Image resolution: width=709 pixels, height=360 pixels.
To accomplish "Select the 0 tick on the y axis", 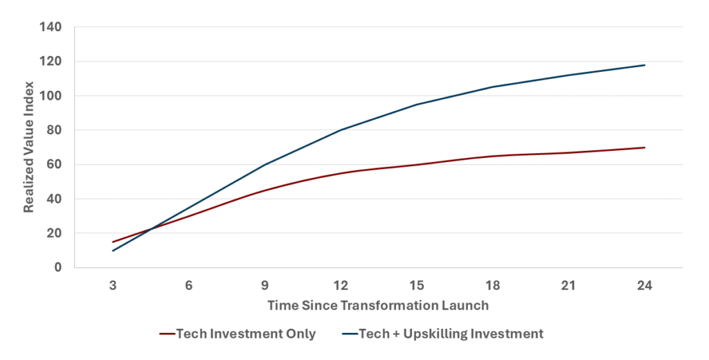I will tap(58, 268).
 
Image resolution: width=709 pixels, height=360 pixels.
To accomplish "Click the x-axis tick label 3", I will tap(112, 285).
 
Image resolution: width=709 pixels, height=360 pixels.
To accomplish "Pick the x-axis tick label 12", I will tap(341, 285).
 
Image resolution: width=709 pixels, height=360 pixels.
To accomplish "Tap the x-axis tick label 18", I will tap(493, 285).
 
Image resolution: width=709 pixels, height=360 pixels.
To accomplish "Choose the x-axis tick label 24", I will tap(645, 285).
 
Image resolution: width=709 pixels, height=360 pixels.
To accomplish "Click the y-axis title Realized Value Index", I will tap(29, 147).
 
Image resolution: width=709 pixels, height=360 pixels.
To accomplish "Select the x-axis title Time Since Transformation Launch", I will tap(378, 305).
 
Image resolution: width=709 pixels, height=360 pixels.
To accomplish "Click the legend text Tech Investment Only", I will tap(246, 334).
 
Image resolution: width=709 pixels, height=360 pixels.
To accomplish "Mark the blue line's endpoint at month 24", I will tap(645, 65).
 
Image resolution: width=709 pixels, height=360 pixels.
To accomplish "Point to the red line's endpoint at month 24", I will tap(645, 147).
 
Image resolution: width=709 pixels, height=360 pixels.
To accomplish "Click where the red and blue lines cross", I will tap(150, 229).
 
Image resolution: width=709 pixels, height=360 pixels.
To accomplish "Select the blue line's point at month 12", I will tap(341, 130).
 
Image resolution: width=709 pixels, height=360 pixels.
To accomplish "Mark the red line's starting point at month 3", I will tap(112, 242).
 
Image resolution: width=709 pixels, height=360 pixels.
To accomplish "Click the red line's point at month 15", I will tap(417, 165).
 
